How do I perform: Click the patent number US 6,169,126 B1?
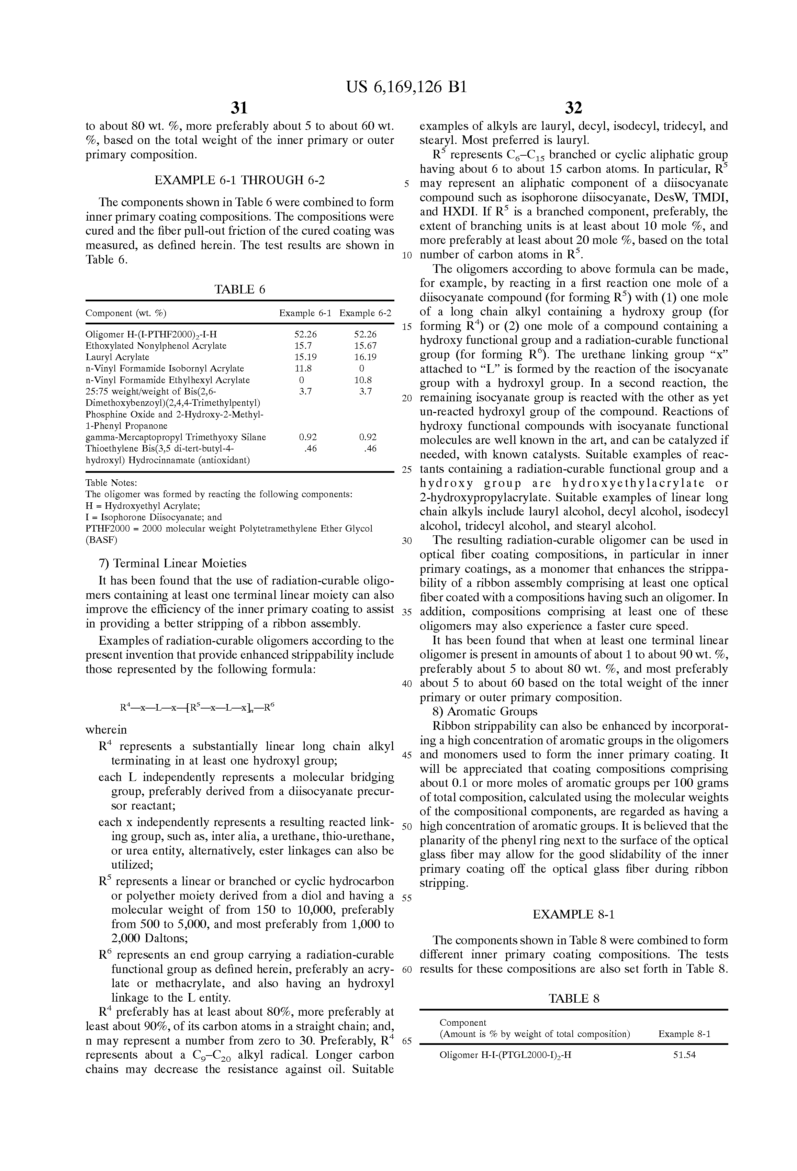click(406, 88)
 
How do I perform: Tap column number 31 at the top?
click(239, 107)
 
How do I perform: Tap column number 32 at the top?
click(573, 107)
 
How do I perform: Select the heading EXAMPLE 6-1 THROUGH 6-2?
click(239, 180)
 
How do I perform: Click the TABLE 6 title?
click(239, 289)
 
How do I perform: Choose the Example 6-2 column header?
click(365, 313)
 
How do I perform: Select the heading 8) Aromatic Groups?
click(485, 712)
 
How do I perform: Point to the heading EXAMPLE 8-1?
click(573, 914)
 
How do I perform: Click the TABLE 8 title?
click(573, 999)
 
